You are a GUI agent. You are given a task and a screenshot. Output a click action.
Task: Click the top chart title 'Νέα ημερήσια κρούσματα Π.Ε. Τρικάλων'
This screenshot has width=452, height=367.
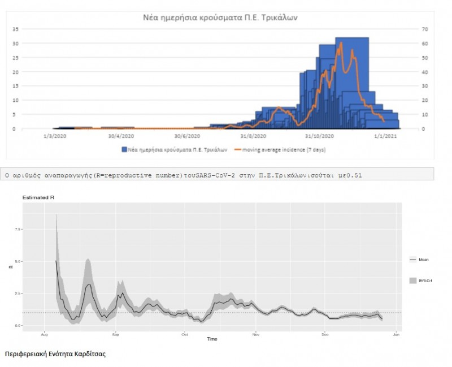pyautogui.click(x=220, y=18)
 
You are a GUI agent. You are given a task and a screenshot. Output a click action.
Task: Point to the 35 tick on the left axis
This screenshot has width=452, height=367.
pyautogui.click(x=16, y=29)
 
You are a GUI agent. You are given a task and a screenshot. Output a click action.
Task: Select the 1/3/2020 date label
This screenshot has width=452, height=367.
pyautogui.click(x=55, y=136)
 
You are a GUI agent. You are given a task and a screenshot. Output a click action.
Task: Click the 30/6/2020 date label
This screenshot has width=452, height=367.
pyautogui.click(x=186, y=136)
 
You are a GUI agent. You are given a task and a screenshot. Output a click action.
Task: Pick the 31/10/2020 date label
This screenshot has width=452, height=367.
pyautogui.click(x=318, y=136)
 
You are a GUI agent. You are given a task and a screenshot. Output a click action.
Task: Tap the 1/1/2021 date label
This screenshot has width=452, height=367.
pyautogui.click(x=384, y=136)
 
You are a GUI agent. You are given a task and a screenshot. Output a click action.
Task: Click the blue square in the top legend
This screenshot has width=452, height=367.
pyautogui.click(x=124, y=150)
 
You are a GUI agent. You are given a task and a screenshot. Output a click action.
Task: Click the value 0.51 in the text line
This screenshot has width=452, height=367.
pyautogui.click(x=355, y=175)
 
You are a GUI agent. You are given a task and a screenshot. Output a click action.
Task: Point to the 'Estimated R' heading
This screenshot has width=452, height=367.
pyautogui.click(x=35, y=197)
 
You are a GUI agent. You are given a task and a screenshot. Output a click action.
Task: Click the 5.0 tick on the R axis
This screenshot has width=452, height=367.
pyautogui.click(x=18, y=262)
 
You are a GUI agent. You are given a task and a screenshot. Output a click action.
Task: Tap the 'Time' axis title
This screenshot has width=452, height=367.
pyautogui.click(x=212, y=339)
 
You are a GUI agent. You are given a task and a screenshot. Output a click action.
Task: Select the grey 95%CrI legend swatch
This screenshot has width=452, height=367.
pyautogui.click(x=413, y=280)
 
